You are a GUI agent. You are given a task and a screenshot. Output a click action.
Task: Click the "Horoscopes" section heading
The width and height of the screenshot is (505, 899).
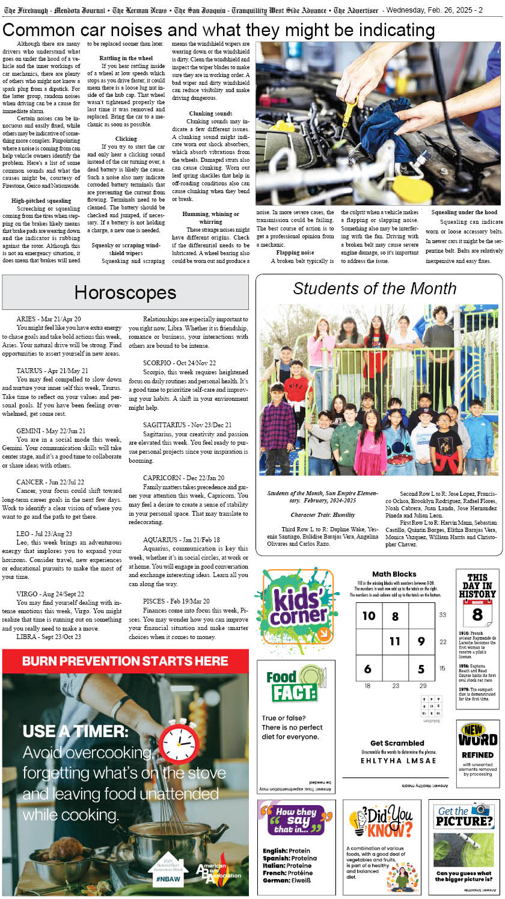tap(125, 292)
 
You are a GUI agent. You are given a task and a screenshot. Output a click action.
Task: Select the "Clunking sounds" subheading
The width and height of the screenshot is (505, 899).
tap(210, 114)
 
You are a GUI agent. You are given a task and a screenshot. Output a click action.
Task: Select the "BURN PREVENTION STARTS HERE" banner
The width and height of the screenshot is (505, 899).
tap(125, 661)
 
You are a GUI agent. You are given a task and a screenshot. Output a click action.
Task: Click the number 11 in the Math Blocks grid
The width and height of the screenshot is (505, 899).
tap(394, 641)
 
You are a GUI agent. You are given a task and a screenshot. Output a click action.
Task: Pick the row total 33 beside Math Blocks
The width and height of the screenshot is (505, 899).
tap(442, 614)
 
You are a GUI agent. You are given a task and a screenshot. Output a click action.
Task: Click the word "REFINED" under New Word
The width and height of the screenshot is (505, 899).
tap(477, 755)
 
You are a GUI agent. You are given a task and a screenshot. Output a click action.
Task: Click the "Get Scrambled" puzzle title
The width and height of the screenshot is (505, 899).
tap(397, 743)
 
